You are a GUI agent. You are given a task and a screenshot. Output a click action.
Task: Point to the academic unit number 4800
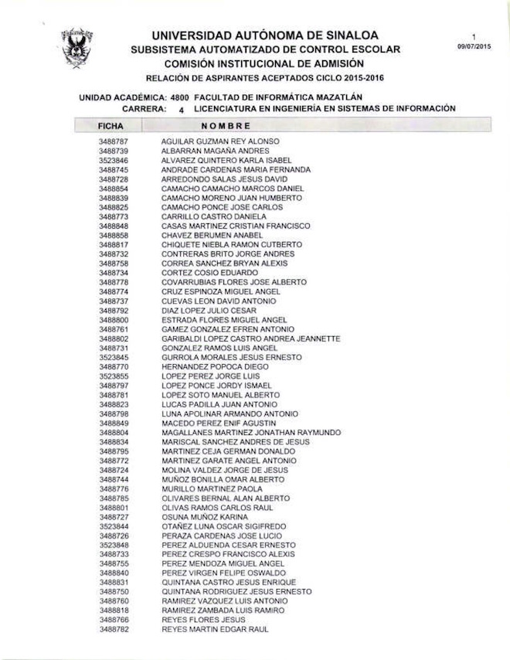click(181, 98)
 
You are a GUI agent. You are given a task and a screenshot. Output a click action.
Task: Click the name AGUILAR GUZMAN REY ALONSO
click(220, 141)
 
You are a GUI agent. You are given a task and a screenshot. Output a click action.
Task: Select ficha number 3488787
click(114, 141)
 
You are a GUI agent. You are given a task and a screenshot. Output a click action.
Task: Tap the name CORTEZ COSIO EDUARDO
click(199, 273)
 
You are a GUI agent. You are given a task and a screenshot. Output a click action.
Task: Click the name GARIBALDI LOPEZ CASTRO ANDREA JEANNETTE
click(250, 339)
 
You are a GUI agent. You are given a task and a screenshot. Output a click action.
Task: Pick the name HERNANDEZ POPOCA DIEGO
click(206, 366)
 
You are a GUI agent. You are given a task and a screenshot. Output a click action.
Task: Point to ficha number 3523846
click(114, 160)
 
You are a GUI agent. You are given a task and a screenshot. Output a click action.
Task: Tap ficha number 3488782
click(114, 629)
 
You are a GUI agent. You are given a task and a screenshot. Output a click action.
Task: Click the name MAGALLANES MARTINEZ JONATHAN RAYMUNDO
click(251, 432)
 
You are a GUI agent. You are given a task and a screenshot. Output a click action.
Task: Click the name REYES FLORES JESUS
click(203, 620)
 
